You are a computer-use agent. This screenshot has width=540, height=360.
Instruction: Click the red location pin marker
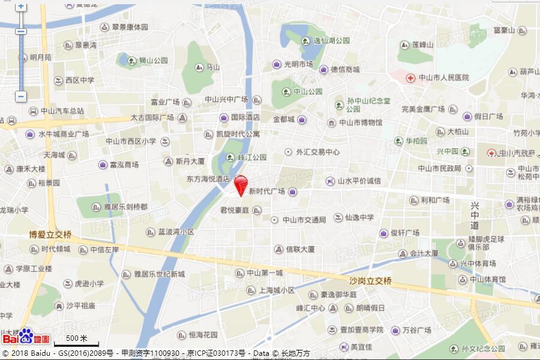tap(241, 184)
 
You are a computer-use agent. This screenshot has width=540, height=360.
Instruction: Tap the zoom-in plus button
tap(21, 6)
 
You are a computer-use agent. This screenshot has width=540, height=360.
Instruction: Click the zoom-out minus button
tap(21, 96)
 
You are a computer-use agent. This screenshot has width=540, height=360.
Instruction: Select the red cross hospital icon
tap(410, 78)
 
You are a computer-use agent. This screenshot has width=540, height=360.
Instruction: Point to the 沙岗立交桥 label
tap(370, 281)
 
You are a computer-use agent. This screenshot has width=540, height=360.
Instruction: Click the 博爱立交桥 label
tap(50, 235)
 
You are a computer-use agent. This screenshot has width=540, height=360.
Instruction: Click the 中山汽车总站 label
tap(62, 111)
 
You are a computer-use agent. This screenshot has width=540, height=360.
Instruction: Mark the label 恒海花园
tap(203, 334)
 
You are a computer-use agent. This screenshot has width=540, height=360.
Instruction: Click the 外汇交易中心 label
tap(317, 152)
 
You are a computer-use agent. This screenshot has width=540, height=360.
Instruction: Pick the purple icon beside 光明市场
tap(277, 65)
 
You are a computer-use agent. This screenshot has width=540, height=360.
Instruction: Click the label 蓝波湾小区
tap(176, 232)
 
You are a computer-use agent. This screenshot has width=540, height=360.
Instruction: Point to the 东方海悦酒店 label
tap(208, 179)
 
